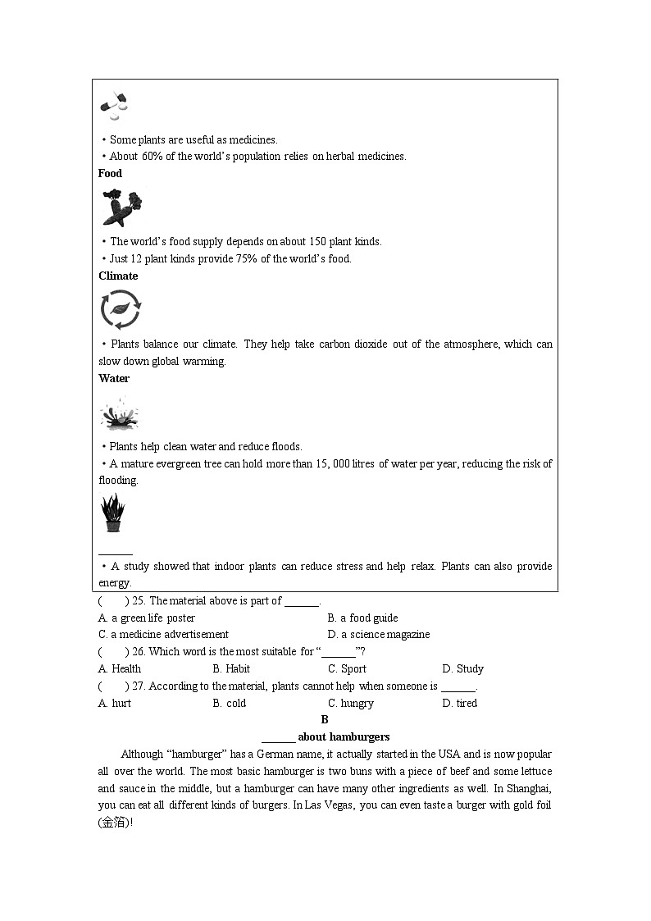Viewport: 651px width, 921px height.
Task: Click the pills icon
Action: click(113, 105)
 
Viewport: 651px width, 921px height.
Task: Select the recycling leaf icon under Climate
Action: click(120, 310)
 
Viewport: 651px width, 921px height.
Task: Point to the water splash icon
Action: click(119, 413)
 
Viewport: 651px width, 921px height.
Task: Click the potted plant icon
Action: click(112, 514)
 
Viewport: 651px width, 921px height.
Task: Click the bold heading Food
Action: click(110, 173)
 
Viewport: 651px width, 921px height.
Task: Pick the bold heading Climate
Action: click(118, 276)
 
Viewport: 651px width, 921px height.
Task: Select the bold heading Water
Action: click(114, 378)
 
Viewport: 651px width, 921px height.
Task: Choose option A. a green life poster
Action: click(147, 618)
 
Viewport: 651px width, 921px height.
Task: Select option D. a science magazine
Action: click(378, 634)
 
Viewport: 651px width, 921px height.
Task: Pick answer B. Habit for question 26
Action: click(231, 668)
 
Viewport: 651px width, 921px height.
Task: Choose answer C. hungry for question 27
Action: click(351, 703)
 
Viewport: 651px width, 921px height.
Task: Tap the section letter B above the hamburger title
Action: click(325, 719)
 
